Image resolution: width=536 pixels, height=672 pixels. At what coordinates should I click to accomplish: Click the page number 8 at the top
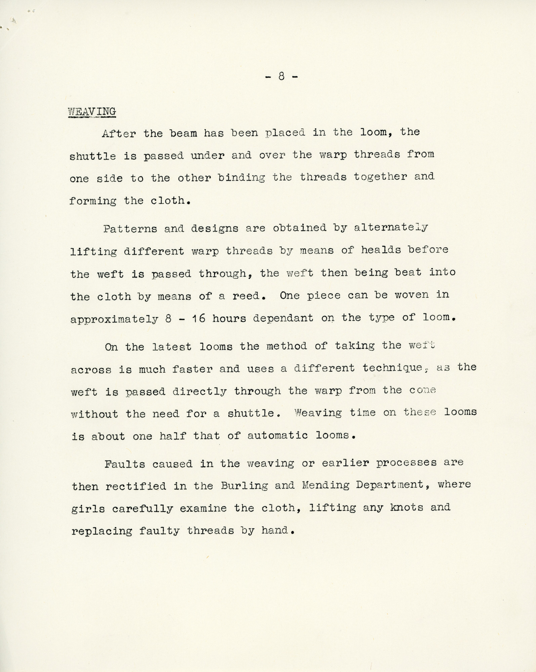(281, 77)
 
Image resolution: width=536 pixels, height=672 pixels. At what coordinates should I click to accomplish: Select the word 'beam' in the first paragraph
(183, 133)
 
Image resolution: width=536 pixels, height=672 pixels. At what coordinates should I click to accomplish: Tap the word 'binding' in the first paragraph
(241, 178)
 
